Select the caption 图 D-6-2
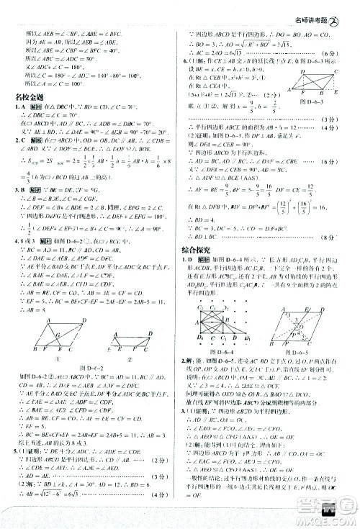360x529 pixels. pos(90,330)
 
